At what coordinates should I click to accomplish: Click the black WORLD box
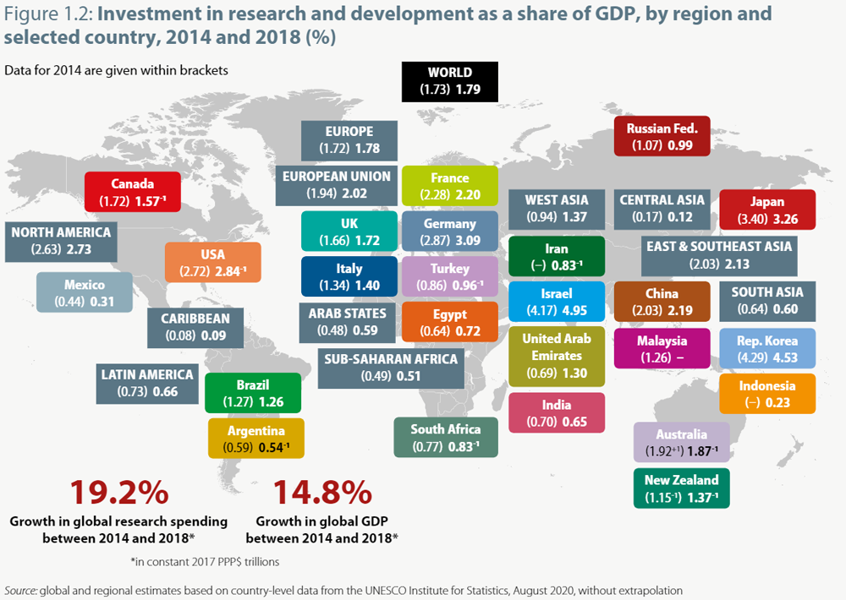(x=450, y=81)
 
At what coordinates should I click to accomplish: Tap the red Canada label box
(x=133, y=192)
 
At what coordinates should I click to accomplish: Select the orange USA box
(x=212, y=262)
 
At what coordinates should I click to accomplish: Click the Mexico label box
(x=85, y=292)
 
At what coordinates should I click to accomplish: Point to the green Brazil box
(x=253, y=393)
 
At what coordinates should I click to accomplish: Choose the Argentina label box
(x=255, y=438)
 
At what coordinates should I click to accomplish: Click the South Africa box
(x=446, y=437)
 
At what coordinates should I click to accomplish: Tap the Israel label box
(x=557, y=302)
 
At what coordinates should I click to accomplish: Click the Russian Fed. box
(x=662, y=137)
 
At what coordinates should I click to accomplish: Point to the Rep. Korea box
(x=766, y=350)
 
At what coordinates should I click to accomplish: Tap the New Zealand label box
(x=681, y=488)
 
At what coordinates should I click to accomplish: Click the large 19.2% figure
(x=118, y=493)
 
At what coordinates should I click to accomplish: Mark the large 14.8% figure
(x=321, y=493)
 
